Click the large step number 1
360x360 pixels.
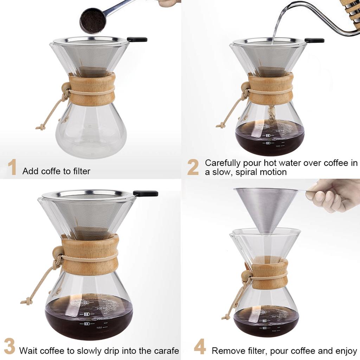pos(12,167)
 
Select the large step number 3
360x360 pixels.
pos(9,346)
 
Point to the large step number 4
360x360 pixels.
pos(200,347)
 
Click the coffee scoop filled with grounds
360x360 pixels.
pos(93,20)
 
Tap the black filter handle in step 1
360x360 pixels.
pos(137,39)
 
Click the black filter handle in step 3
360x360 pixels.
pos(146,193)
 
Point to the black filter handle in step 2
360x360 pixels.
pos(314,40)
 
